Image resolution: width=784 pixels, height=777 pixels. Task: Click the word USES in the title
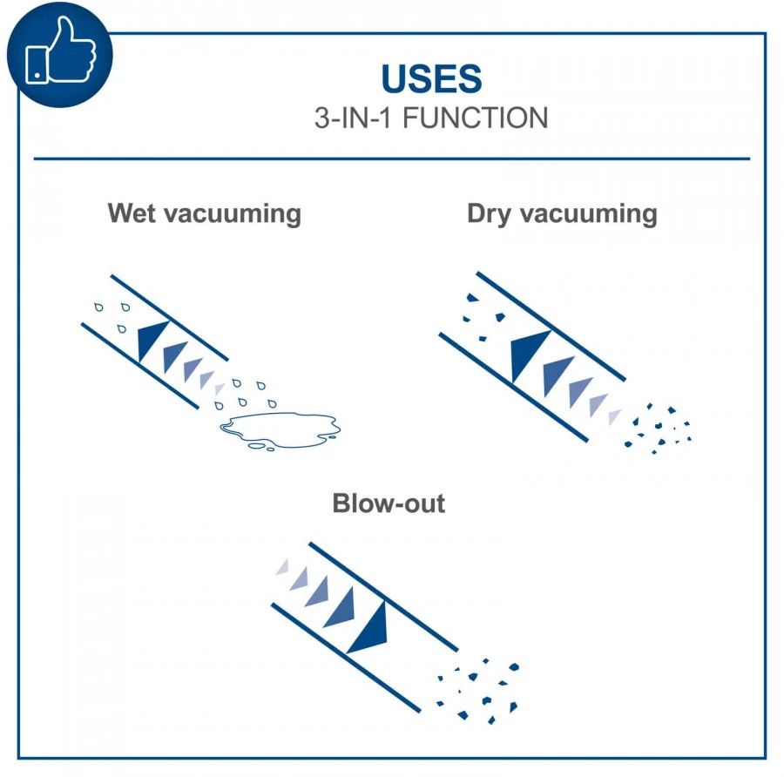[x=431, y=79]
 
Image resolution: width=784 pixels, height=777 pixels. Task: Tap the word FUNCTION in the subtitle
[x=476, y=118]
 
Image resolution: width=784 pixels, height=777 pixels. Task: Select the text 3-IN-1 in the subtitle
[x=353, y=118]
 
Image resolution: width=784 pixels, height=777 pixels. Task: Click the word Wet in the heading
[x=132, y=213]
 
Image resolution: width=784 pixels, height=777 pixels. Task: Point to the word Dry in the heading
[x=490, y=214]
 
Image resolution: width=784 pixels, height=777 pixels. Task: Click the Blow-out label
[x=389, y=503]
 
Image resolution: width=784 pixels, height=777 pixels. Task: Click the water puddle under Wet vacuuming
[x=280, y=430]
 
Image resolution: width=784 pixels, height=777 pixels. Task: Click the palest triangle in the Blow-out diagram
[x=283, y=567]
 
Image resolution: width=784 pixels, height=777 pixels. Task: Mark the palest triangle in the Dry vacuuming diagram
[x=613, y=416]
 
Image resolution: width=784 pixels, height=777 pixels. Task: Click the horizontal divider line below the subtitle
[x=392, y=159]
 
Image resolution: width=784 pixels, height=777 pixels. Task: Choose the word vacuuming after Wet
[x=233, y=214]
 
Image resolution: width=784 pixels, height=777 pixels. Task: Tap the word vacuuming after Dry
[x=589, y=214]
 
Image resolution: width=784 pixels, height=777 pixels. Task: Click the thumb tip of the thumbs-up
[x=65, y=20]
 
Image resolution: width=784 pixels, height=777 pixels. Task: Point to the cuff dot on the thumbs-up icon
[x=37, y=76]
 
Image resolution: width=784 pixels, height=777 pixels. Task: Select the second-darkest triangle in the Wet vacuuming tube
[x=173, y=355]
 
